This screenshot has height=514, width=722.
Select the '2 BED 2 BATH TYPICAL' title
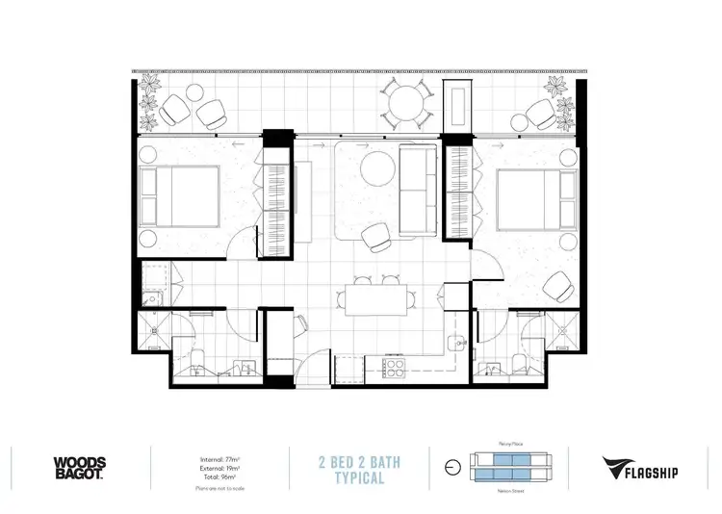pyautogui.click(x=360, y=470)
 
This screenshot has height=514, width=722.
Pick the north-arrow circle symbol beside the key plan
pyautogui.click(x=452, y=469)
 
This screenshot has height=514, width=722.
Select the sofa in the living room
pyautogui.click(x=420, y=191)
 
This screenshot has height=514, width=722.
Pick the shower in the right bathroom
pyautogui.click(x=560, y=330)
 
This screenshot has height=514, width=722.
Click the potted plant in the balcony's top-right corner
pyautogui.click(x=560, y=93)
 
